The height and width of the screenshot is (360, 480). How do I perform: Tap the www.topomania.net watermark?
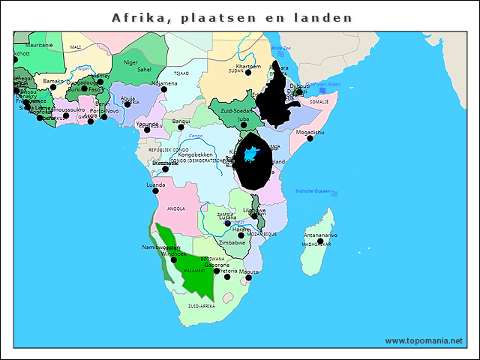tap(424, 340)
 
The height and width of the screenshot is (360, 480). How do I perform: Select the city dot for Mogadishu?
tap(310, 138)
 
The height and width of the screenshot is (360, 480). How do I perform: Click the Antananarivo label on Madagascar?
tap(319, 235)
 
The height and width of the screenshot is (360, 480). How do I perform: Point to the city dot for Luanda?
tap(156, 190)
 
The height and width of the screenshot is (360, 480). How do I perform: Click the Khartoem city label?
tap(248, 66)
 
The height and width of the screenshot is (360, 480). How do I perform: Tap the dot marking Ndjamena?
tap(164, 89)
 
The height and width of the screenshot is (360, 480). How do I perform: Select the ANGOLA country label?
tap(175, 208)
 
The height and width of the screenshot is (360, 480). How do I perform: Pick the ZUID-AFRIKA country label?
tap(202, 306)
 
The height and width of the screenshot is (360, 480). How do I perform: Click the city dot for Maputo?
tap(248, 277)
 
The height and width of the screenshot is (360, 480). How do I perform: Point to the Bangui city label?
tap(181, 120)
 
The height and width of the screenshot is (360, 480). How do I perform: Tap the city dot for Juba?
tap(244, 124)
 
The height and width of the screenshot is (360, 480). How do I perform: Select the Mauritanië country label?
tap(28, 46)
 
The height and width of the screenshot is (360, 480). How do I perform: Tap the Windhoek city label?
tap(174, 253)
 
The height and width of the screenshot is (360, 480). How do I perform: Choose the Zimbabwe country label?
tap(232, 242)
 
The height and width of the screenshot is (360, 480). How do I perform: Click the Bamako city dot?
tap(53, 87)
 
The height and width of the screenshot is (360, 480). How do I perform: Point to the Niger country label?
tap(131, 62)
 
